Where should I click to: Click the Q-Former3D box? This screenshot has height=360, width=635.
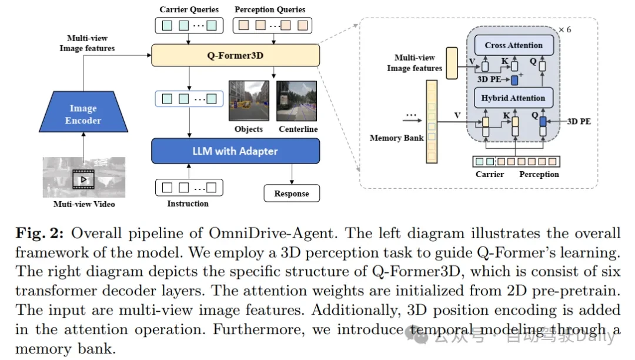[236, 56]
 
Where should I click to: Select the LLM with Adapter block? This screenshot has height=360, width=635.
[236, 151]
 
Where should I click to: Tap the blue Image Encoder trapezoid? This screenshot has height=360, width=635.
[83, 114]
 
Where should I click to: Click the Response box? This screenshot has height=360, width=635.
[291, 194]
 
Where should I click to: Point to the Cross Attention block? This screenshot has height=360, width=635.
[513, 45]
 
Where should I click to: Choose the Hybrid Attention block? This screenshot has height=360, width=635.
[513, 98]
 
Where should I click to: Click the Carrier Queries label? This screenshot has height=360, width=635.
[189, 9]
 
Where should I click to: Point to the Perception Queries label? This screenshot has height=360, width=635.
[270, 9]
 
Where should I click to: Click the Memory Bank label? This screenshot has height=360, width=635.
[396, 138]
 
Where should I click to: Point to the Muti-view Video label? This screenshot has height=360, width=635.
[84, 204]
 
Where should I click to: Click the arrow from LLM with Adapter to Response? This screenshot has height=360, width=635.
[292, 174]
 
